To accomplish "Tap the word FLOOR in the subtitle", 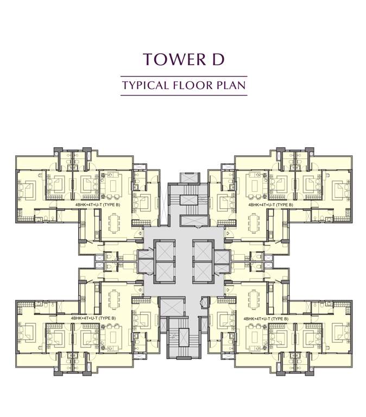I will coord(194,85).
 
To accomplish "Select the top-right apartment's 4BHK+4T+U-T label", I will coord(270,205).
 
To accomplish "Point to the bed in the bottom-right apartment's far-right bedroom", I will coord(340,331).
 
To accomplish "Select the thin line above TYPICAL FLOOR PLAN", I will coord(184,76).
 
